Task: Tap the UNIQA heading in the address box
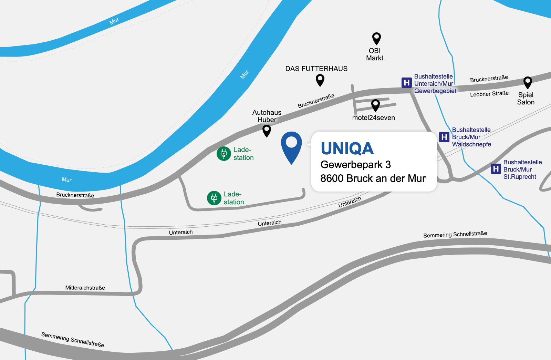tap(347, 149)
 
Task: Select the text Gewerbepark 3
tap(355, 165)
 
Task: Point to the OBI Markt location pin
tap(376, 38)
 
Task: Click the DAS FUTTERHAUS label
tap(316, 69)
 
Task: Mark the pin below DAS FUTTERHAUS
tap(320, 80)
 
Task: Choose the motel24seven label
tap(373, 118)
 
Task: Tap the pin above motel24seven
tap(375, 105)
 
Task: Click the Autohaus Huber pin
tap(267, 130)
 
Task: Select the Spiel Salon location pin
tap(527, 82)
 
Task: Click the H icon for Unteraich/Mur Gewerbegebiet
tap(407, 83)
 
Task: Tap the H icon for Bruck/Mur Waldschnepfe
tap(444, 137)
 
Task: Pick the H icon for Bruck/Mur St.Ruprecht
tap(496, 169)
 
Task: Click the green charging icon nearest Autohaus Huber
tap(223, 154)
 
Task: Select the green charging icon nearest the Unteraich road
tap(214, 198)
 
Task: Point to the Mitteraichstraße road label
tap(85, 288)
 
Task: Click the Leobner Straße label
tap(489, 94)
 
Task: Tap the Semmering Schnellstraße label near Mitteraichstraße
tap(72, 340)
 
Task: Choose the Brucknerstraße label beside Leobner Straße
tap(489, 79)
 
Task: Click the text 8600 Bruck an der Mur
tap(373, 178)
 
